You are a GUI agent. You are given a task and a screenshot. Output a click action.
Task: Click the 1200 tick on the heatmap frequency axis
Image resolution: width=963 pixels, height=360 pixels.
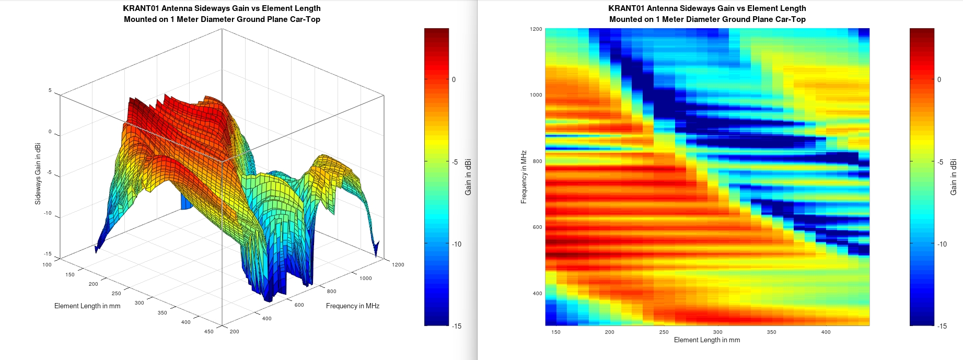click(537, 29)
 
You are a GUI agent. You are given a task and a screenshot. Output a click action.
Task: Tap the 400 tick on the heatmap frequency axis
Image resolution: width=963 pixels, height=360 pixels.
click(537, 294)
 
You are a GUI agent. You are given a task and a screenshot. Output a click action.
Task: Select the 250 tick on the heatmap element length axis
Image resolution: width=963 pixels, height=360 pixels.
click(664, 332)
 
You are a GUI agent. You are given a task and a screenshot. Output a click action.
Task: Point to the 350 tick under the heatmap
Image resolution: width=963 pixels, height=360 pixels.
click(771, 332)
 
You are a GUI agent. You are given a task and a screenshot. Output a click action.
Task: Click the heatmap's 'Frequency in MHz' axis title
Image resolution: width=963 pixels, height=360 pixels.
click(524, 177)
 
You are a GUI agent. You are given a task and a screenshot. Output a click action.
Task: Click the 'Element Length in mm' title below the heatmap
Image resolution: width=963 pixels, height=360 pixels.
click(706, 340)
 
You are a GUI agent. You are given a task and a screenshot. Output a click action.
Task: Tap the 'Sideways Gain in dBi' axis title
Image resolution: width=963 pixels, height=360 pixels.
click(38, 173)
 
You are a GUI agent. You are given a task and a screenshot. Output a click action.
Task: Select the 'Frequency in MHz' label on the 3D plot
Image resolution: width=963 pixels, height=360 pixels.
click(352, 306)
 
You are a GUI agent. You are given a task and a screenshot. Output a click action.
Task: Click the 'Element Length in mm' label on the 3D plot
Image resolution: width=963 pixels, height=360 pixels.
click(87, 306)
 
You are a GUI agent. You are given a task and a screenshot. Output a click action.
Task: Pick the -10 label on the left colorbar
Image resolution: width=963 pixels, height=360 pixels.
click(456, 244)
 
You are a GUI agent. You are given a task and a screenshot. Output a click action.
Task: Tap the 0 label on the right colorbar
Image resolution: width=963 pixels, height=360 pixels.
click(939, 79)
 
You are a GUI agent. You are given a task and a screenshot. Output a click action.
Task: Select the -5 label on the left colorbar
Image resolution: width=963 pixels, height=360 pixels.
click(456, 162)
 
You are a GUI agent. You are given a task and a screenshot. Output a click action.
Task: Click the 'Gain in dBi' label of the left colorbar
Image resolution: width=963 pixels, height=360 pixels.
click(468, 177)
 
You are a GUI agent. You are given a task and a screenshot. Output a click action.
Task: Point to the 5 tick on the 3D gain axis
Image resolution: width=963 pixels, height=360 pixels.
click(50, 90)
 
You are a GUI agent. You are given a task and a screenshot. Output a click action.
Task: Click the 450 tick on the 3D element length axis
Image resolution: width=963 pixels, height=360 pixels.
click(208, 332)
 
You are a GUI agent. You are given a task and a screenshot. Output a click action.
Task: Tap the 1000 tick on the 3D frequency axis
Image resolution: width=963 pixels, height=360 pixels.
click(365, 278)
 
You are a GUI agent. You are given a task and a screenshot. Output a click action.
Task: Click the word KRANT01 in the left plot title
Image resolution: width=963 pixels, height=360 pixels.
click(141, 8)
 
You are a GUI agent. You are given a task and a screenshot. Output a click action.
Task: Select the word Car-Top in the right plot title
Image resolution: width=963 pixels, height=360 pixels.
click(790, 19)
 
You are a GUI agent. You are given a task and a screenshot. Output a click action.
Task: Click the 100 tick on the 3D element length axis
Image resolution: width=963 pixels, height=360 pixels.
click(47, 265)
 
